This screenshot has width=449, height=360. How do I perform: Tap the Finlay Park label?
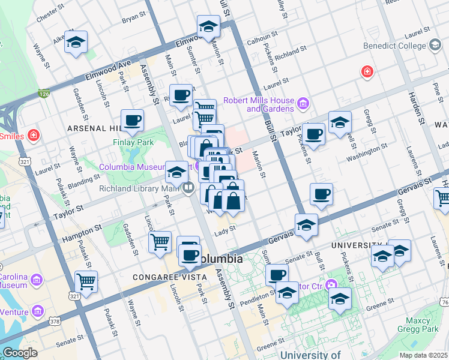[133, 142]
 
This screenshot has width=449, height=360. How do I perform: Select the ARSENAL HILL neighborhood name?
[94, 128]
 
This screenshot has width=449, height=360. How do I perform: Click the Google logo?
[20, 352]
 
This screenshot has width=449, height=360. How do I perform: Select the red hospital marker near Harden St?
[366, 72]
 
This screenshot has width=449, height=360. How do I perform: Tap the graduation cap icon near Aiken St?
[76, 43]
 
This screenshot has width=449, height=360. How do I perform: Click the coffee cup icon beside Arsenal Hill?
[132, 120]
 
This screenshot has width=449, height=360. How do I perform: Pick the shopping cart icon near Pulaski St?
[86, 280]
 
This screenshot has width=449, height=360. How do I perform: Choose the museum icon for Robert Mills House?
[303, 104]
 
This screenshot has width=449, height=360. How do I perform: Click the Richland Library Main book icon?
[188, 188]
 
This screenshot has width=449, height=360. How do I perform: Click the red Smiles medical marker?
[33, 136]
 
